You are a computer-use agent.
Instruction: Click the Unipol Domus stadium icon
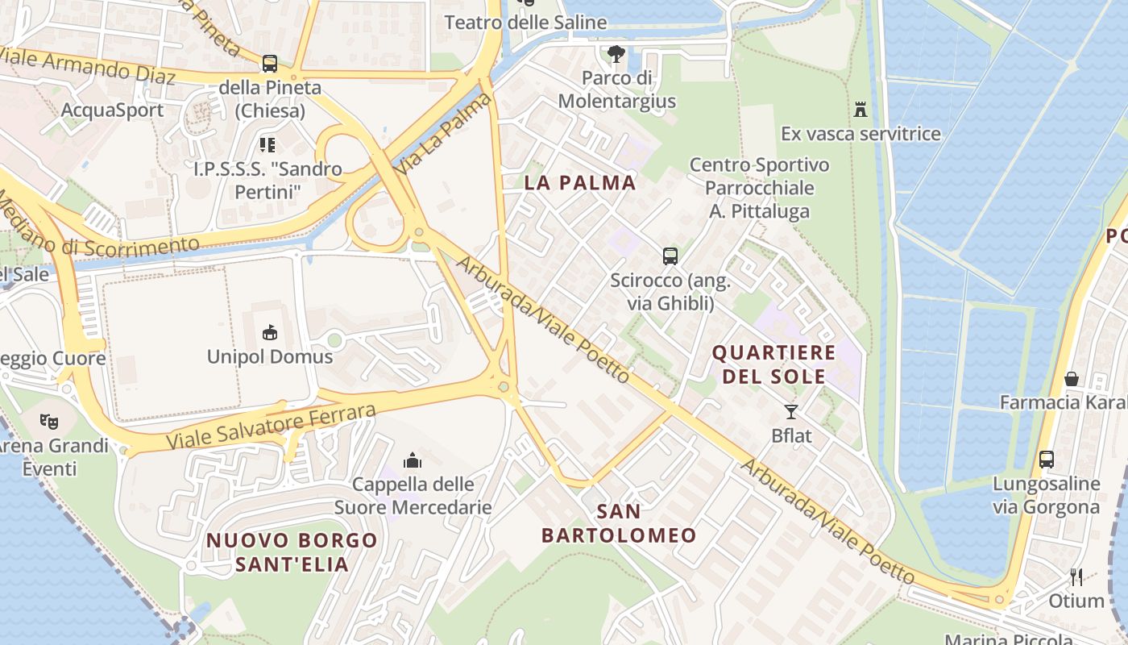tap(269, 332)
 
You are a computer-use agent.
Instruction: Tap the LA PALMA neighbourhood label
tap(580, 182)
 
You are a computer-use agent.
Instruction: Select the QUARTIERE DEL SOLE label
tap(773, 364)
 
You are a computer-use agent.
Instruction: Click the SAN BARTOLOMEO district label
tap(619, 523)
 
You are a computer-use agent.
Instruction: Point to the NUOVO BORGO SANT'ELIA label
tap(292, 552)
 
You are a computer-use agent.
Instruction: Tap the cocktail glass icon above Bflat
tap(791, 412)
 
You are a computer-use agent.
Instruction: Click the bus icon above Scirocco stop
tap(670, 256)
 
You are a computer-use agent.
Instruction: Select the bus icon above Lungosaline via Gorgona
tap(1046, 460)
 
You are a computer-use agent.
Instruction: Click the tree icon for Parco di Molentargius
tap(616, 55)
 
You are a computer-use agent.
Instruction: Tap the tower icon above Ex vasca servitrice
tap(861, 109)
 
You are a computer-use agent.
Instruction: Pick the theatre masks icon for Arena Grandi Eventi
tap(49, 421)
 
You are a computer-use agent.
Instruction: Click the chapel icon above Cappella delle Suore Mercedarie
tap(413, 460)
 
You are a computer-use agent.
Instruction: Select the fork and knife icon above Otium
tap(1076, 576)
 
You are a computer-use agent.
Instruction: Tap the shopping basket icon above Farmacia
tap(1072, 378)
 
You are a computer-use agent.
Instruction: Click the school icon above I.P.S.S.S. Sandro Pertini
tap(267, 145)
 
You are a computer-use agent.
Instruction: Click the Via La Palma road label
tap(445, 131)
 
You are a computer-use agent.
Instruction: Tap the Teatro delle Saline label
tap(525, 23)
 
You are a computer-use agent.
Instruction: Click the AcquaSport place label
tap(113, 110)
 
